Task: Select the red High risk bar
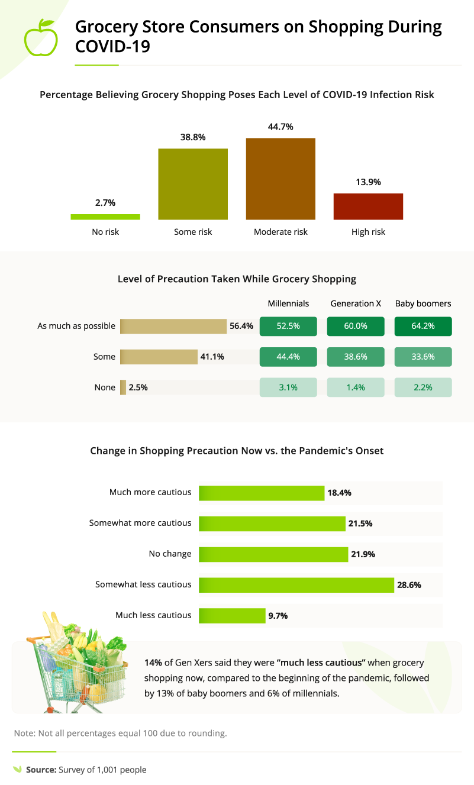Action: coord(368,206)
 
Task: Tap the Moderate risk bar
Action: coord(280,179)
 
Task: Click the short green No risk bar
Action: coord(105,217)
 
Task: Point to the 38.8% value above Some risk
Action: coord(193,137)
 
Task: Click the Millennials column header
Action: coord(288,303)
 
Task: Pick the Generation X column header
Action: coord(356,303)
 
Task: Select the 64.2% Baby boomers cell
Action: coord(423,326)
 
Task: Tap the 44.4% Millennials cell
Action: coord(288,357)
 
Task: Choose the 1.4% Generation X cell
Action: coord(356,387)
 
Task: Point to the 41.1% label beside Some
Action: coord(212,357)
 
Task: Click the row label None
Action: coord(105,387)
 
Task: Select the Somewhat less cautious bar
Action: coord(296,584)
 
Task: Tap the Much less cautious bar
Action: coord(232,615)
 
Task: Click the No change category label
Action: coord(170,554)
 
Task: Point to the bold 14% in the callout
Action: coord(153,663)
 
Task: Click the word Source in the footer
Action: coord(40,770)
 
